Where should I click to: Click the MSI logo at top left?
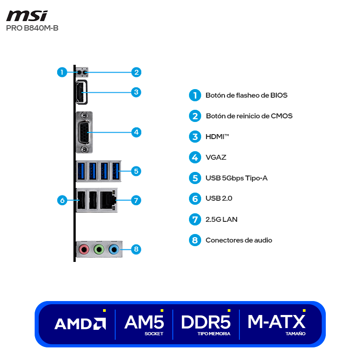27,16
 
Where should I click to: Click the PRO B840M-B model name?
32,28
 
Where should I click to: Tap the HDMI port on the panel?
81,92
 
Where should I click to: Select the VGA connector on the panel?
84,132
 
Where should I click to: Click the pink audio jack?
83,248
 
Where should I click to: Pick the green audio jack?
99,248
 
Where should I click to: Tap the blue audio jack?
114,248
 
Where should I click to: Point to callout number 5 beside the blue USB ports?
136,171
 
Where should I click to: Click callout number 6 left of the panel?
63,200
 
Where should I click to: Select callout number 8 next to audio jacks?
136,248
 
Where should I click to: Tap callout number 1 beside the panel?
62,72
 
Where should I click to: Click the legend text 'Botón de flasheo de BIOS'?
246,95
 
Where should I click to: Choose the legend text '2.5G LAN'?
221,220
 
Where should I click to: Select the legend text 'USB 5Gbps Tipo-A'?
236,178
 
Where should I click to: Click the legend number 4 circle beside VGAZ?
194,157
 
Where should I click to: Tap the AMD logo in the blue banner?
80,324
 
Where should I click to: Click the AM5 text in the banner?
144,322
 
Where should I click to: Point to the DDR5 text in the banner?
206,322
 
